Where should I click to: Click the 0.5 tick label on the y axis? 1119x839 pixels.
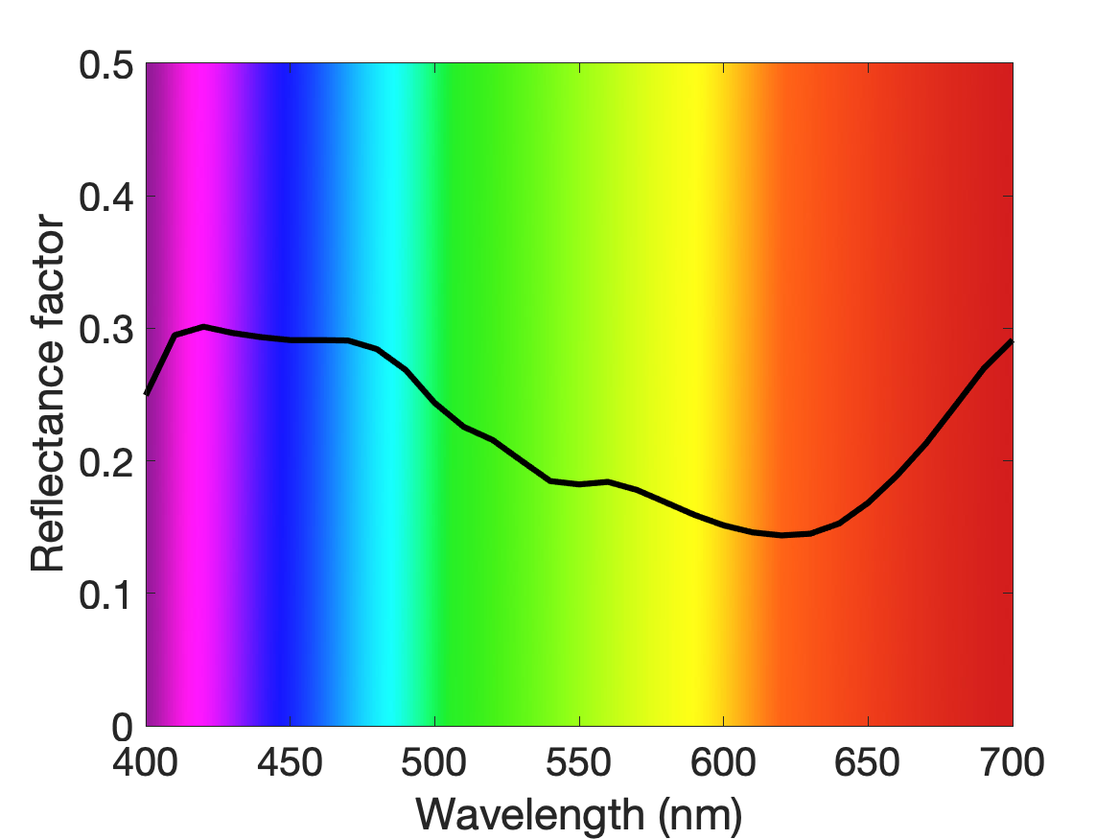(105, 65)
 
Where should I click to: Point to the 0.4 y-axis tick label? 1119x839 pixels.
(105, 197)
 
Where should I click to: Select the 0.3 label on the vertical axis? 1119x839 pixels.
(105, 330)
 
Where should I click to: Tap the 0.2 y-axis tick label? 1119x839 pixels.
(105, 462)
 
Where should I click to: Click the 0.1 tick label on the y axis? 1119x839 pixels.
(105, 594)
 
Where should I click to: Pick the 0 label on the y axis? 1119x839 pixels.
(122, 728)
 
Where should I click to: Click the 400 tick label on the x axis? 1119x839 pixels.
(146, 762)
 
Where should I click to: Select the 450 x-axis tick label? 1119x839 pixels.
(290, 762)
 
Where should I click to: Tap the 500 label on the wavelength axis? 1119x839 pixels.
(434, 762)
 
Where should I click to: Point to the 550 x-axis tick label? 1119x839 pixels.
(579, 762)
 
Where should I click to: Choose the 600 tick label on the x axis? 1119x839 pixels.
(723, 762)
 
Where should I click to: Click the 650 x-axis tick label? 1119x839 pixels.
(867, 762)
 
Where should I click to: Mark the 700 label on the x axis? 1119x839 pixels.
(1012, 762)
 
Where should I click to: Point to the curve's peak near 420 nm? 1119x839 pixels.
(204, 327)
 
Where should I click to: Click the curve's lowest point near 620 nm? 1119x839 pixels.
(781, 534)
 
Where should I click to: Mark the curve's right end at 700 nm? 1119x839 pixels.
(1012, 341)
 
